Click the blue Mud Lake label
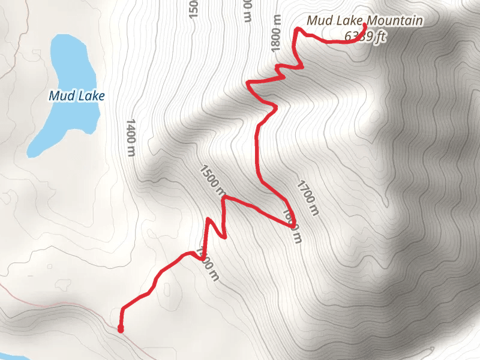click(77, 95)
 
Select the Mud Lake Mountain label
click(365, 21)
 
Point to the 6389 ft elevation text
click(365, 37)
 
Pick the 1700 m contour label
click(307, 197)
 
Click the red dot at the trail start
click(121, 329)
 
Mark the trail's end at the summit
click(364, 26)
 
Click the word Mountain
click(395, 21)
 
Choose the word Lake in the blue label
click(91, 95)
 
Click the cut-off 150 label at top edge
click(193, 9)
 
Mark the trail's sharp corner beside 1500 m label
click(224, 197)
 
